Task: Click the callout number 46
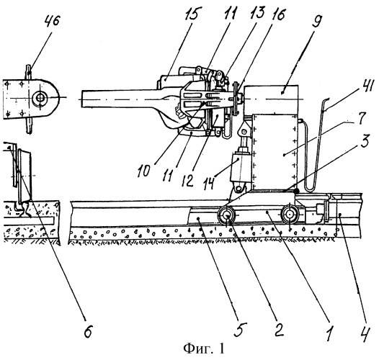click(52, 21)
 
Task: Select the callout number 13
click(257, 12)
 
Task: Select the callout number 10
click(144, 171)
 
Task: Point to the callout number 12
click(188, 180)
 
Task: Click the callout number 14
click(208, 183)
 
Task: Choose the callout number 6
click(88, 330)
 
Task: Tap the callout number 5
click(240, 329)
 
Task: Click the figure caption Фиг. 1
click(203, 349)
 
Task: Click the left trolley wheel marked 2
click(227, 215)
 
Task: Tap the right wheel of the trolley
click(290, 215)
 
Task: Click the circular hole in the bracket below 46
click(40, 98)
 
